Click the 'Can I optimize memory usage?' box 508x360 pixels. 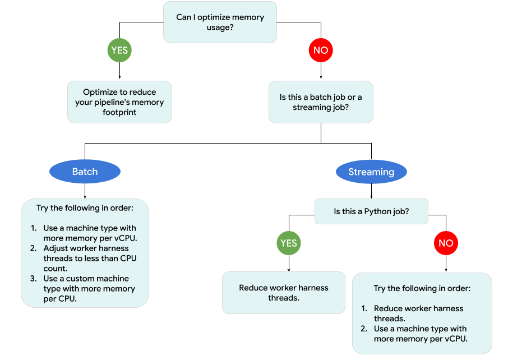pos(220,22)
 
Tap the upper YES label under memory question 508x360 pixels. pos(119,50)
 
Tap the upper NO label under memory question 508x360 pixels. pos(321,50)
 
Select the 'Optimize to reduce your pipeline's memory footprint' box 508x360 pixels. pos(119,102)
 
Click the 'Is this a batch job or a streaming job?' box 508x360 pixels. pos(321,102)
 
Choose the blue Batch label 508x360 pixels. pos(85,172)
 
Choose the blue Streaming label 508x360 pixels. pos(371,172)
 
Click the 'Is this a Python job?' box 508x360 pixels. pos(372,212)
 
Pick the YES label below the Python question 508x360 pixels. pos(289,243)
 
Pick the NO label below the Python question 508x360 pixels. pos(446,243)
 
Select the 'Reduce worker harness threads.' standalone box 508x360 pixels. pos(284,293)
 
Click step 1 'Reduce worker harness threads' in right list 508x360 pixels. pos(418,313)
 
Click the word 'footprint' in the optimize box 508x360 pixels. pos(119,112)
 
